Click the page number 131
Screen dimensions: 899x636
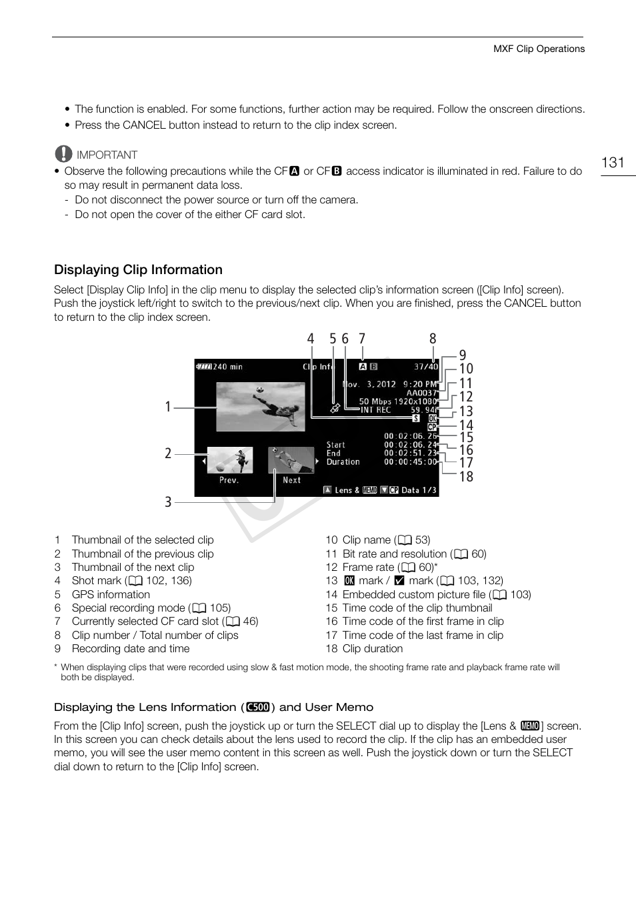pyautogui.click(x=612, y=163)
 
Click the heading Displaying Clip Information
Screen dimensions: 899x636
pyautogui.click(x=138, y=269)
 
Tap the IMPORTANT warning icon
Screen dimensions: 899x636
pyautogui.click(x=63, y=154)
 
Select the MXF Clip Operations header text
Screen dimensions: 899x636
pyautogui.click(x=539, y=49)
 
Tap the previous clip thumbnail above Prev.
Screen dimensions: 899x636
pyautogui.click(x=230, y=460)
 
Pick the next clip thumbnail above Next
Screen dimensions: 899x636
pyautogui.click(x=291, y=460)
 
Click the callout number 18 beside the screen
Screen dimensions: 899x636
pyautogui.click(x=466, y=476)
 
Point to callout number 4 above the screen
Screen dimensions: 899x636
pyautogui.click(x=310, y=339)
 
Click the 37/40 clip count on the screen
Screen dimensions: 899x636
pyautogui.click(x=425, y=367)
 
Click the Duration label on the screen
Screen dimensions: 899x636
pyautogui.click(x=343, y=462)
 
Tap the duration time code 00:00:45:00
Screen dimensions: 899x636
pyautogui.click(x=410, y=462)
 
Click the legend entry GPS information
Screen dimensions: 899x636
pyautogui.click(x=111, y=594)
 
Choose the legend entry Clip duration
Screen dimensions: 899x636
pyautogui.click(x=372, y=648)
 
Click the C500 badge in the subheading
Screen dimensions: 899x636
pyautogui.click(x=257, y=707)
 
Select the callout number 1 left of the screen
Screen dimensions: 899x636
pyautogui.click(x=168, y=406)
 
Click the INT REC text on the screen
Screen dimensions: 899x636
pyautogui.click(x=375, y=410)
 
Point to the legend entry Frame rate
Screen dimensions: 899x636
pyautogui.click(x=368, y=567)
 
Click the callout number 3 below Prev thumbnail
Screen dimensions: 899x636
pyautogui.click(x=168, y=502)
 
